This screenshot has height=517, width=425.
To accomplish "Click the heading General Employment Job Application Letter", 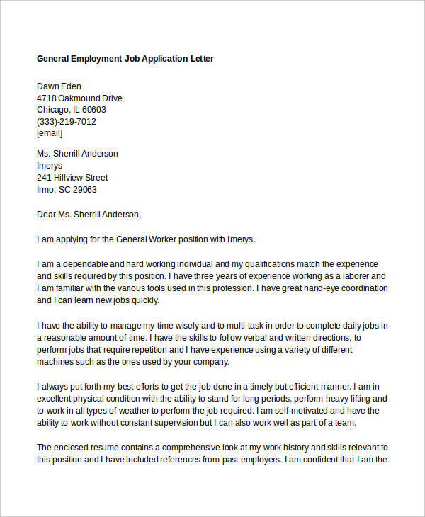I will [x=125, y=59].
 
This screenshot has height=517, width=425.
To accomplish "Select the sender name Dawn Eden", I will [x=59, y=86].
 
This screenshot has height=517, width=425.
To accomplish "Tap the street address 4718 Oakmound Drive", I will [x=79, y=98].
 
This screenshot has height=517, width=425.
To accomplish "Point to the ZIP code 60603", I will [x=93, y=110].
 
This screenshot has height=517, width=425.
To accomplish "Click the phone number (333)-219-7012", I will [x=67, y=122].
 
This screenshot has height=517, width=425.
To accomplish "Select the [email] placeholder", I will [x=50, y=133].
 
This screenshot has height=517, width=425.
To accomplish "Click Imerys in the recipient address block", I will [x=50, y=166].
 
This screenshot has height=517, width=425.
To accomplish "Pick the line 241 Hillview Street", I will [x=72, y=178].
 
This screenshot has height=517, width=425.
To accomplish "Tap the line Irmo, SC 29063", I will [x=67, y=190].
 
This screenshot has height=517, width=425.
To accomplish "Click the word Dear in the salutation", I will [x=47, y=214].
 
